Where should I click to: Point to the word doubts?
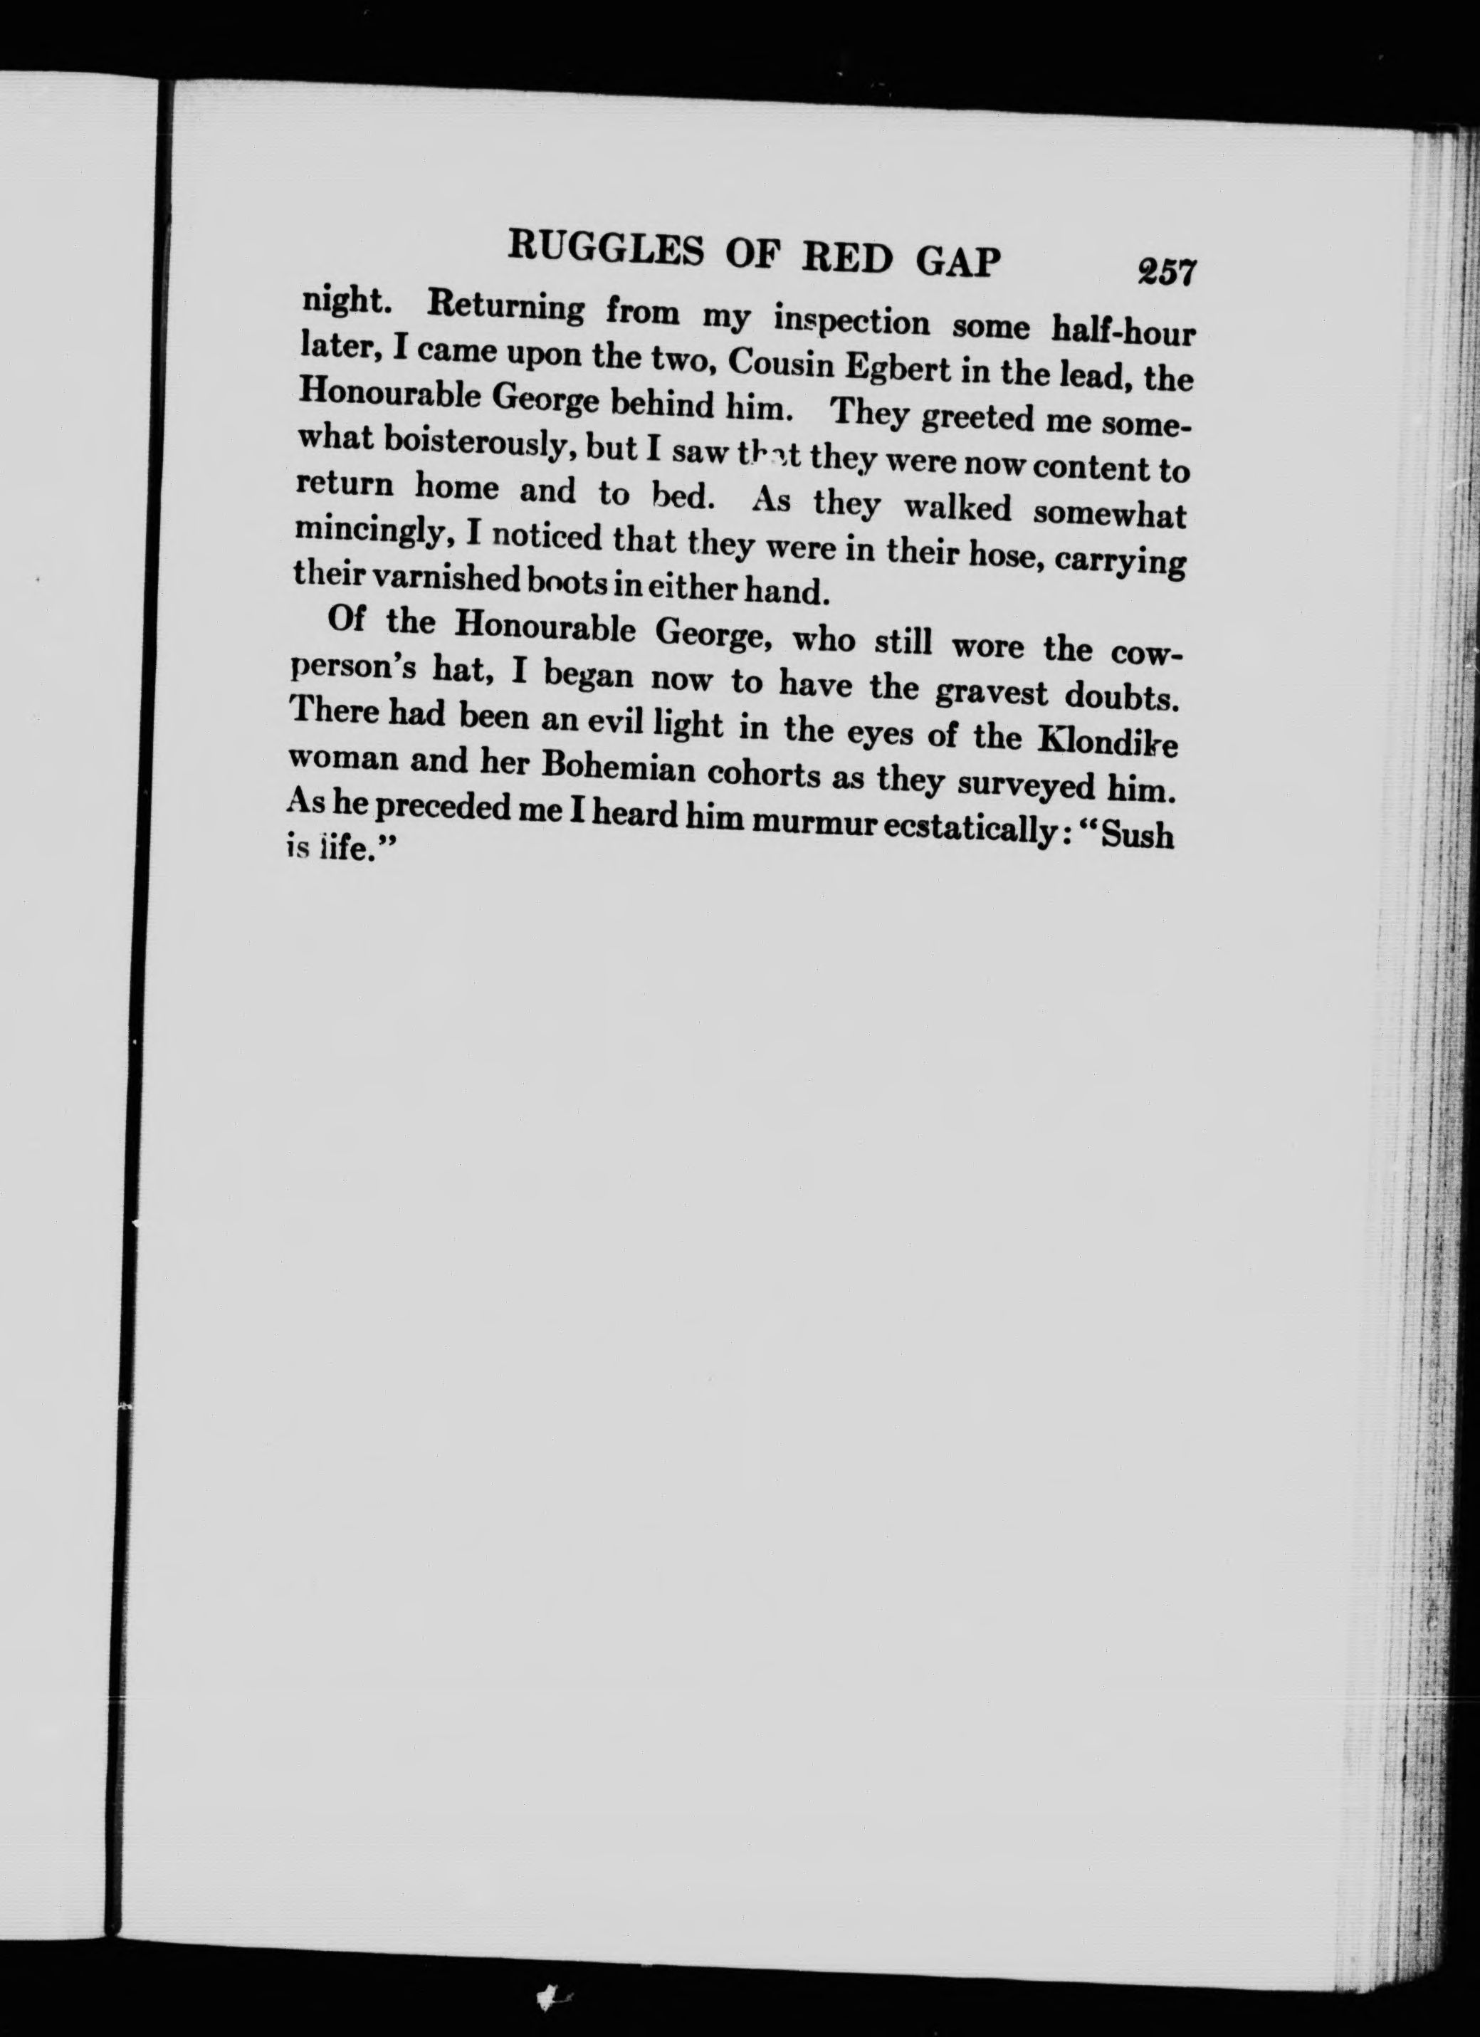pyautogui.click(x=1122, y=698)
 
